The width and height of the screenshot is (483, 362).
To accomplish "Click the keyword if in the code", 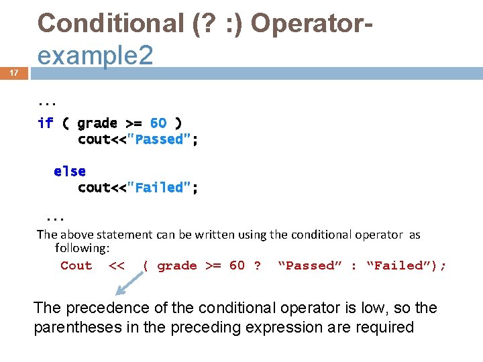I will (46, 123).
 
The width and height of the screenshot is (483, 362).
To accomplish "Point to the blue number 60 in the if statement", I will (158, 123).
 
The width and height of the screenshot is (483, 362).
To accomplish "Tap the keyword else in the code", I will (70, 172).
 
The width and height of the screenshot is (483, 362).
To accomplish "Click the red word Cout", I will (76, 265).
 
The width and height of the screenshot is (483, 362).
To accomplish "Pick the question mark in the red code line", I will (257, 265).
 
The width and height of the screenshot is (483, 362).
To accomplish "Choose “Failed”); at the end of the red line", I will (406, 265).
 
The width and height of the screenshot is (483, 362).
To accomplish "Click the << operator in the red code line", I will (117, 265).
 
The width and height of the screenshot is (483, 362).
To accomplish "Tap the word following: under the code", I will (82, 248).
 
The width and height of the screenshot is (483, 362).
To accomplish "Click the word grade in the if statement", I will (97, 123).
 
